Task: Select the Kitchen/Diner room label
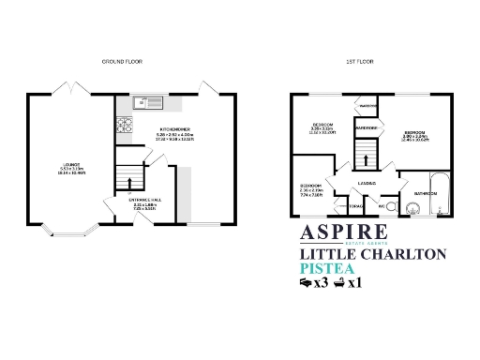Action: pos(174,129)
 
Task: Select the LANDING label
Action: pos(367,183)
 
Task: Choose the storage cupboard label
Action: pos(355,204)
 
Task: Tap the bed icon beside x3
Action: pos(306,282)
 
